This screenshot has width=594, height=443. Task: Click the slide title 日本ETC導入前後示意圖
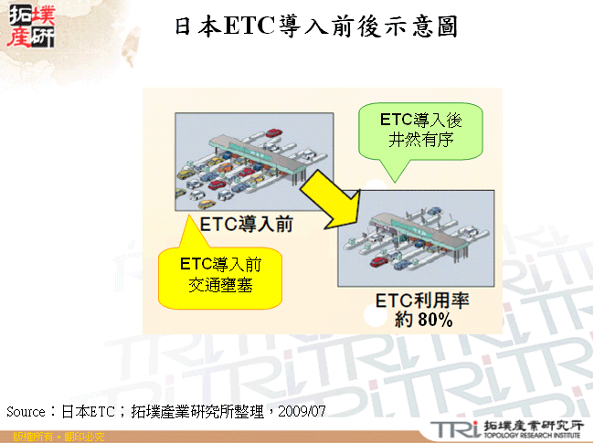click(315, 26)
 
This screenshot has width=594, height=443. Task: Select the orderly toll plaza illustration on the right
click(416, 238)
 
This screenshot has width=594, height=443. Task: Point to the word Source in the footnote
click(25, 411)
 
